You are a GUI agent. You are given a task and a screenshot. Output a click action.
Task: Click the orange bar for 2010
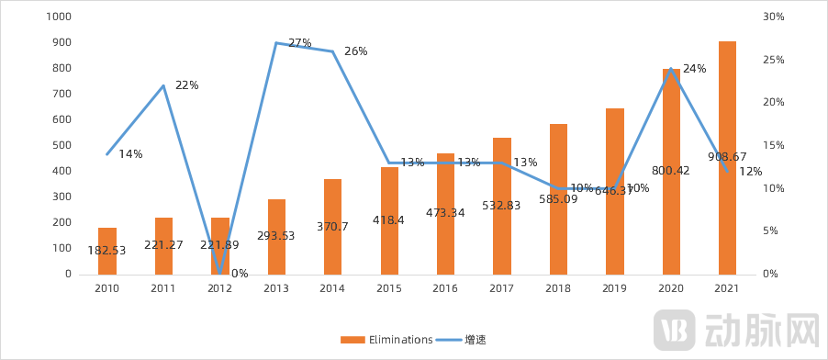click(x=107, y=251)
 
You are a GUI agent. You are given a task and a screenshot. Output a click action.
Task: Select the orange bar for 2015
click(x=389, y=220)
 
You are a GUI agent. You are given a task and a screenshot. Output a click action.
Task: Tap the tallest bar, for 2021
click(x=727, y=157)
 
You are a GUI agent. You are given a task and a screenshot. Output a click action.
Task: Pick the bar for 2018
click(x=558, y=198)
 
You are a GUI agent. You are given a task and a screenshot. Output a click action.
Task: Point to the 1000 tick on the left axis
click(x=57, y=17)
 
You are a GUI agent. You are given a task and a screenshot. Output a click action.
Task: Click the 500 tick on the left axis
click(x=62, y=145)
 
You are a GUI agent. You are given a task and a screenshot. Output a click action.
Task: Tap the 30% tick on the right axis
click(x=773, y=17)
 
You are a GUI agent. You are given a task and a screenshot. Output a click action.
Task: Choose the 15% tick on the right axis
click(x=773, y=145)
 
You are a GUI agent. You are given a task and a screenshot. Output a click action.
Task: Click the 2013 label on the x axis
click(x=276, y=288)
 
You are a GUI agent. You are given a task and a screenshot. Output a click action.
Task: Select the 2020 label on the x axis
click(x=671, y=288)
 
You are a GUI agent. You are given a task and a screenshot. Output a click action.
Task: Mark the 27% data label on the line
click(x=300, y=43)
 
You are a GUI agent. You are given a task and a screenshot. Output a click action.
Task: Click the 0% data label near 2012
click(x=240, y=273)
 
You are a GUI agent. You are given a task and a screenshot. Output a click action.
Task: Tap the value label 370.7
click(x=333, y=226)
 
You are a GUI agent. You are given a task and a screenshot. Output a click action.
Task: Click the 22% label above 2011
click(x=187, y=85)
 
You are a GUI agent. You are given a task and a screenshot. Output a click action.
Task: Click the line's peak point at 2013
click(x=276, y=42)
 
